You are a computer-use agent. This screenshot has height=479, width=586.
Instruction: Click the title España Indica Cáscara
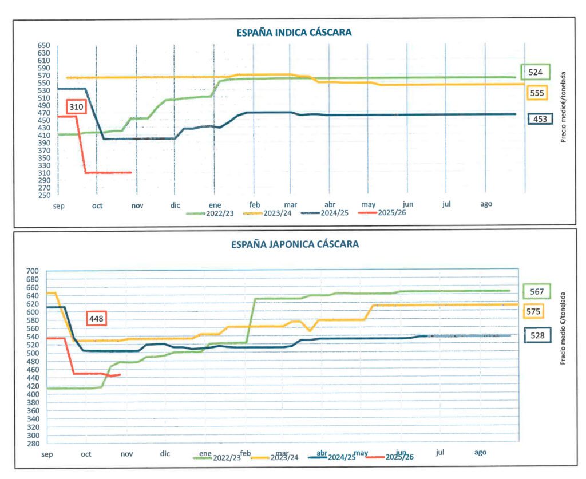tap(294, 33)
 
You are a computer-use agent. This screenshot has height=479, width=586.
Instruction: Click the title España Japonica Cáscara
tap(295, 244)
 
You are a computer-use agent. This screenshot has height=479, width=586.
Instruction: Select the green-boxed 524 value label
tap(535, 72)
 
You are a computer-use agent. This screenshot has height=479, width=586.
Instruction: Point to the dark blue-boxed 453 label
tap(540, 119)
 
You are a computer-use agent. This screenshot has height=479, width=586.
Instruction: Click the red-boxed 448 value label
tap(96, 318)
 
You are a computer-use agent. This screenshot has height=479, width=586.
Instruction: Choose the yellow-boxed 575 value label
tap(532, 311)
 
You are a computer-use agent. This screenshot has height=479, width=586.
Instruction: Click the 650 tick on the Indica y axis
tap(44, 46)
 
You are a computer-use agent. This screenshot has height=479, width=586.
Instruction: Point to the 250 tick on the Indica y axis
tap(44, 195)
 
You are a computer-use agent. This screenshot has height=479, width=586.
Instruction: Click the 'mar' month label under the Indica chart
tap(290, 204)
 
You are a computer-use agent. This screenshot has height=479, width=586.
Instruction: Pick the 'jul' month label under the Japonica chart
tap(440, 453)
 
